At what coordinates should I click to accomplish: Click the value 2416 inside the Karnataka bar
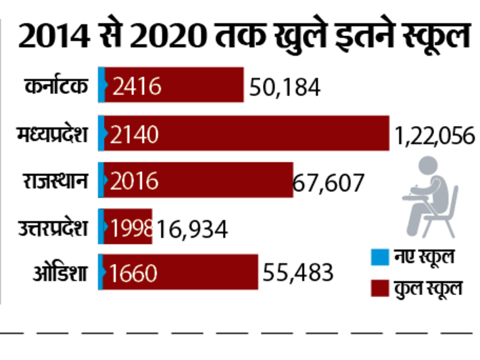(x=136, y=86)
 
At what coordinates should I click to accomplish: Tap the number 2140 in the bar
(x=135, y=134)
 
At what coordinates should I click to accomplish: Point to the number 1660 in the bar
(x=134, y=273)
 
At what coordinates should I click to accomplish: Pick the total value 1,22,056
(x=434, y=136)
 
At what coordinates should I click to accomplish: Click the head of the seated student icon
(x=429, y=168)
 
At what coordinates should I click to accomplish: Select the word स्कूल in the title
(x=435, y=37)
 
